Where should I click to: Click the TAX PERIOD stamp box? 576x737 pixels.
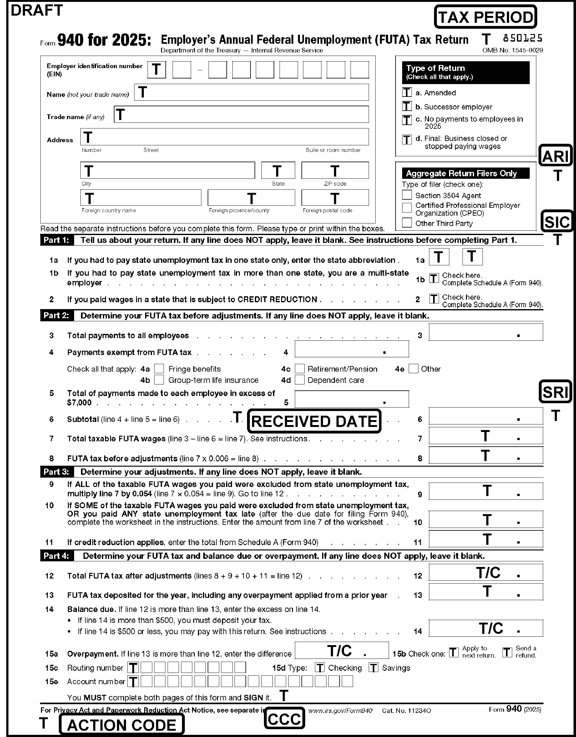click(x=485, y=17)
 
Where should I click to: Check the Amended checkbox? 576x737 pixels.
click(x=407, y=92)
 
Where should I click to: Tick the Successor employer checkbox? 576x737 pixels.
click(x=407, y=106)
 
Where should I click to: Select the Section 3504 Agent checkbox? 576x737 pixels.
click(x=407, y=195)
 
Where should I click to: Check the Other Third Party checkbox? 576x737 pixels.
click(x=407, y=223)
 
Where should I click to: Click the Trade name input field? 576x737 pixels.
click(x=241, y=114)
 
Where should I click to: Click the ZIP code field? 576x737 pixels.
click(x=335, y=170)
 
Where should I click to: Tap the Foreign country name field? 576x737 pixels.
click(x=140, y=198)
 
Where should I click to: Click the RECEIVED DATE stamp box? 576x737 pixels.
click(x=314, y=421)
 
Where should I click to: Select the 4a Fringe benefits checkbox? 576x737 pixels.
click(x=159, y=368)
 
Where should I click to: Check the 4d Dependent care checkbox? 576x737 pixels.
click(x=300, y=380)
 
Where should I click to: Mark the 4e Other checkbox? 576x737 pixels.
click(x=413, y=368)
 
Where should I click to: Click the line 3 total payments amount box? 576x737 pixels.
click(x=486, y=332)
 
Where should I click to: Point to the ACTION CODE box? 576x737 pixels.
click(x=122, y=725)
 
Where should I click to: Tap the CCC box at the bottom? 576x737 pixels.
click(x=284, y=719)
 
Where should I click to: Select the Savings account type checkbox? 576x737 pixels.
click(x=373, y=668)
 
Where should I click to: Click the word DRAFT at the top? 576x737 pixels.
click(x=37, y=10)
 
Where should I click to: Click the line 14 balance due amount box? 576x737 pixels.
click(x=486, y=628)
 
